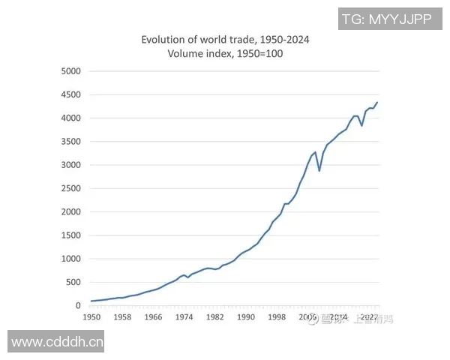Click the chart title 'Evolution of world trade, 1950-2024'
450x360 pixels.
pos(224,40)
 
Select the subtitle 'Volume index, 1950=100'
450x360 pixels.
pos(224,54)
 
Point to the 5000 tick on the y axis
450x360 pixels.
pos(70,71)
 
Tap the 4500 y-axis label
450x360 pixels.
pos(70,94)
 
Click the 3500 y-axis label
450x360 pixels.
pos(70,142)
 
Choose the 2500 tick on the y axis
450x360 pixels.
pos(70,188)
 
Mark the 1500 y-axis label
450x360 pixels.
pos(70,235)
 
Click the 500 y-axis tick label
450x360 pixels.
pos(73,282)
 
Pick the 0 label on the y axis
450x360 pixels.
pos(78,306)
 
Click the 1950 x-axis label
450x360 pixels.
pos(91,318)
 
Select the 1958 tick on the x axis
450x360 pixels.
pos(122,318)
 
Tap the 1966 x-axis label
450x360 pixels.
pos(153,318)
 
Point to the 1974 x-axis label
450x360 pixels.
pos(184,318)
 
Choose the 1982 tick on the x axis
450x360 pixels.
pos(214,318)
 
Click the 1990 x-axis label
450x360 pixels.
pos(245,318)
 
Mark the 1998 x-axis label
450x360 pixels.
pos(276,318)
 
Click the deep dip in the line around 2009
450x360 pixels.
pos(319,171)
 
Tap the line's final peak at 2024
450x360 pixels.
pos(377,103)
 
